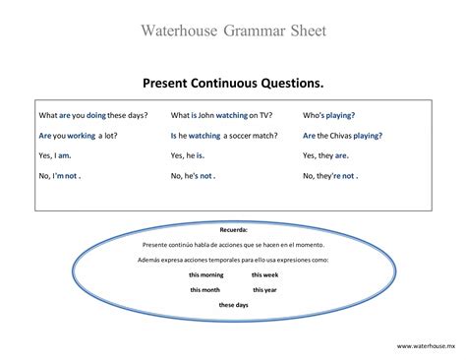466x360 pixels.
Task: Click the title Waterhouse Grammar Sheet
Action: click(233, 30)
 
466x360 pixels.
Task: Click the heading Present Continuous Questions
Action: click(233, 84)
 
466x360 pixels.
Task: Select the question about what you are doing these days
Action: click(93, 115)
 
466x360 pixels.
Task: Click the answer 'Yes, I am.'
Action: click(55, 155)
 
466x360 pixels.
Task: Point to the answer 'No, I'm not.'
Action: click(59, 176)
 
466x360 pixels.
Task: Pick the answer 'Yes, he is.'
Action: click(188, 155)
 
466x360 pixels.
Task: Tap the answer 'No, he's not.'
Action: click(193, 176)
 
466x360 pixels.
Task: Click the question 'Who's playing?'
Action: click(329, 115)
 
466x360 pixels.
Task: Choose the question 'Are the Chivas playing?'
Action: click(343, 135)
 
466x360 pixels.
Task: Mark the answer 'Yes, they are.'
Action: click(325, 155)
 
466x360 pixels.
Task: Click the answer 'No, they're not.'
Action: click(330, 176)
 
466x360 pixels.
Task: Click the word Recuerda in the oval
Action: click(233, 228)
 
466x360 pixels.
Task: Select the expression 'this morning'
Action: click(206, 275)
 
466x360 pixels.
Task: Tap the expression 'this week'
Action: click(265, 275)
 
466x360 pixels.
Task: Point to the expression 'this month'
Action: click(204, 290)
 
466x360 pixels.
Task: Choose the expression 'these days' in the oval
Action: click(234, 306)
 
